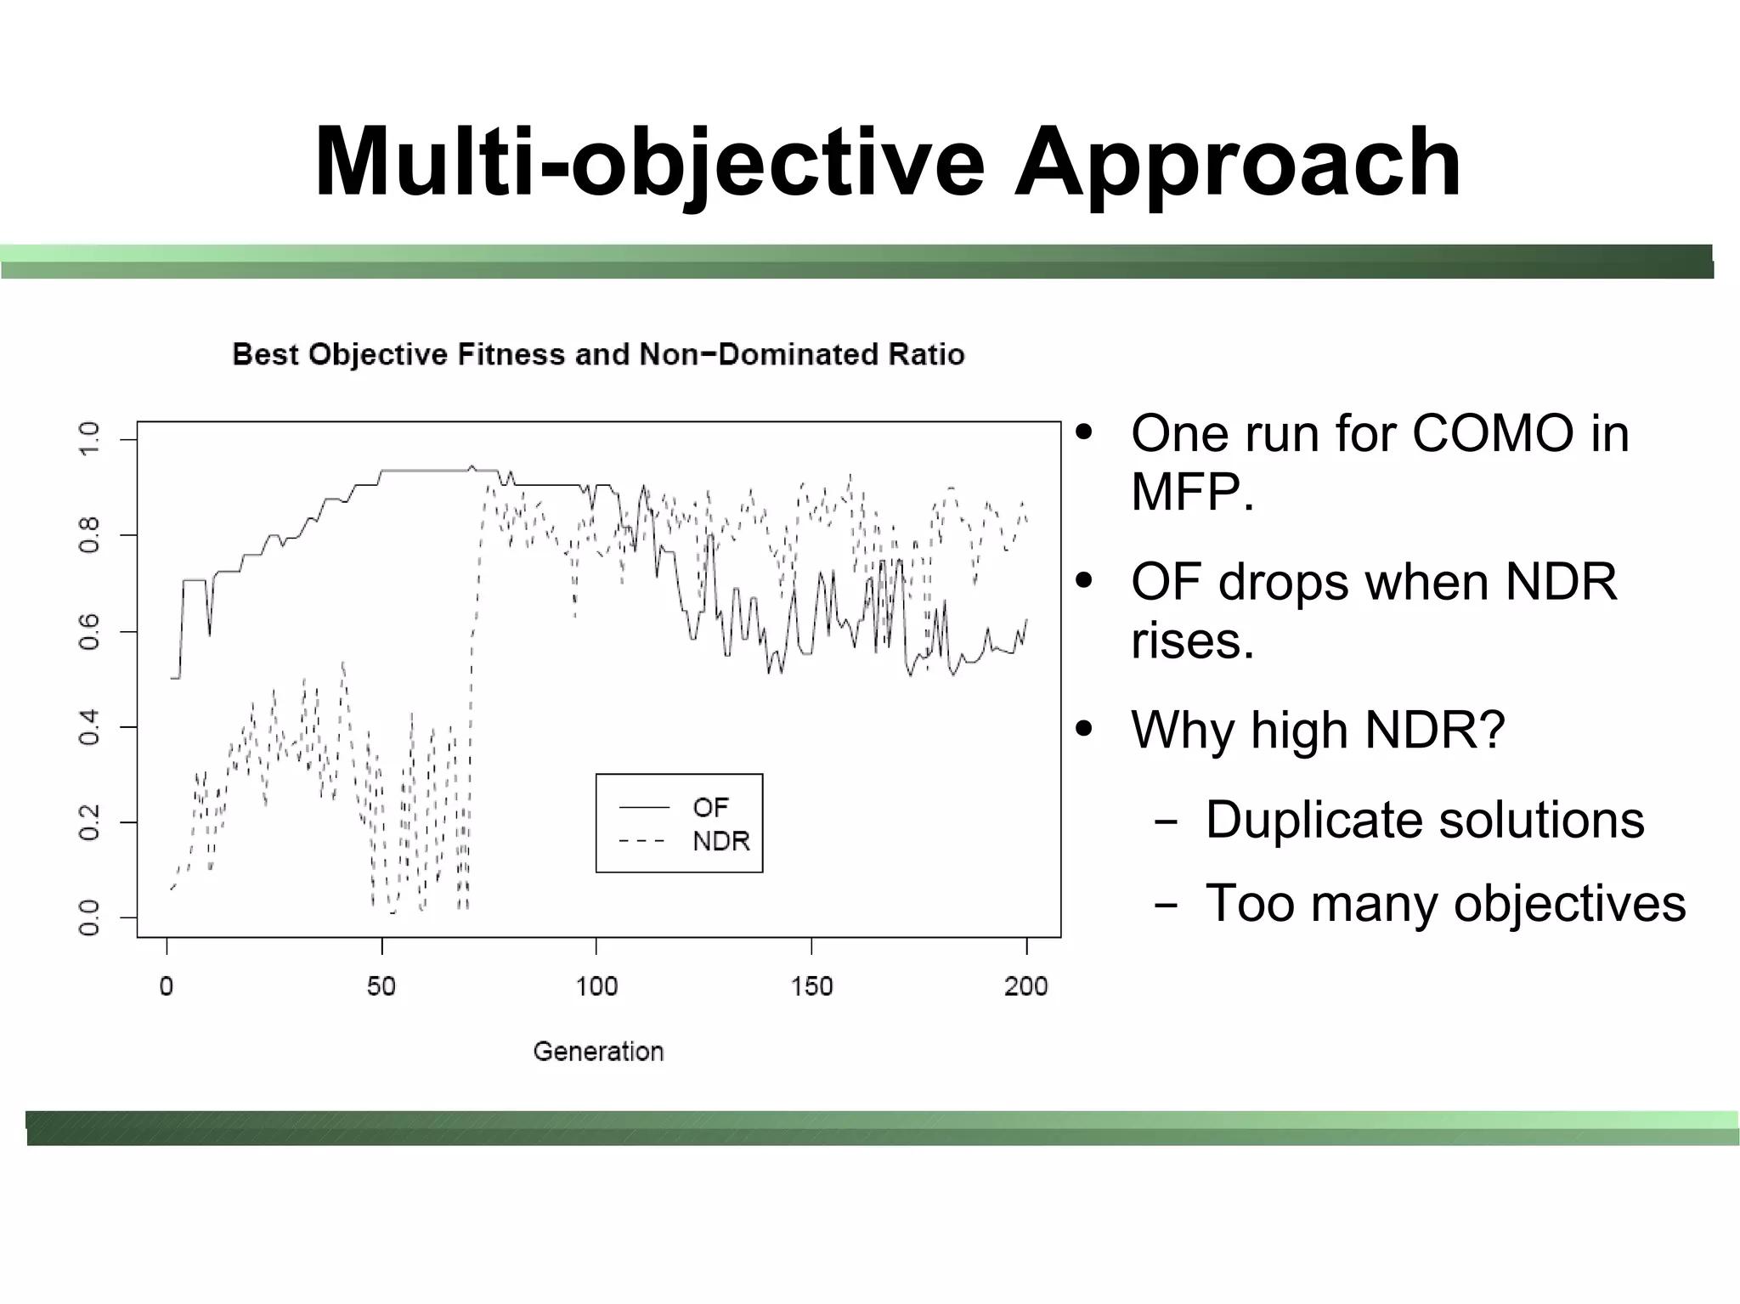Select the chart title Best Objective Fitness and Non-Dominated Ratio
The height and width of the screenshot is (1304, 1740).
tap(598, 354)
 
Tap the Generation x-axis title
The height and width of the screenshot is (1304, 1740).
tap(598, 1052)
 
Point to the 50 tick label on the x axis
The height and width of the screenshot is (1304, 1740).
tap(381, 986)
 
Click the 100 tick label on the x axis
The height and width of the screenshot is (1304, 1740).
tap(596, 986)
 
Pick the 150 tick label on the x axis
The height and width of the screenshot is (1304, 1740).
tap(811, 986)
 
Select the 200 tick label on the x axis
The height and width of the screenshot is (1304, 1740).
tap(1026, 986)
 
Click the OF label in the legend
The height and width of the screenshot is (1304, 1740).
tap(711, 807)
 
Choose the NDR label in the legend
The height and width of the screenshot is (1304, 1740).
tap(721, 842)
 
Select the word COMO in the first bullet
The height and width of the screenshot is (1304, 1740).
tap(1492, 434)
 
